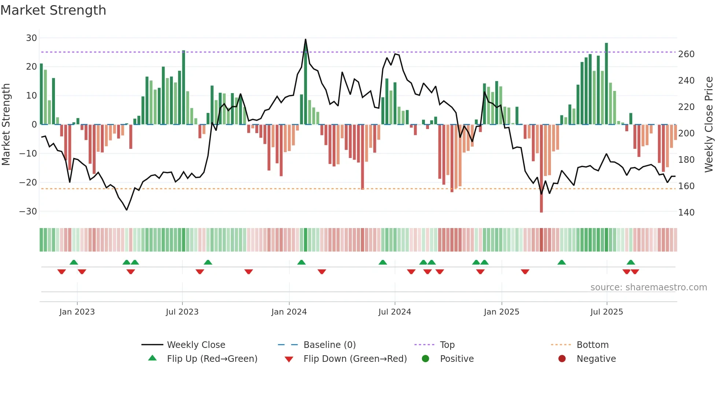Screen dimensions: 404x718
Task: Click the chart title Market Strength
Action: (53, 10)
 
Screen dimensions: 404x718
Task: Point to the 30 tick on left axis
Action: (32, 38)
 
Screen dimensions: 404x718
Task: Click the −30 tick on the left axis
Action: (28, 211)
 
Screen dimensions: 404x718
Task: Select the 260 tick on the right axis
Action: (686, 54)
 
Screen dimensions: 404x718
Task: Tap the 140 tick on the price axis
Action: (686, 213)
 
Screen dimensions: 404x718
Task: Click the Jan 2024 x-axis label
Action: (289, 312)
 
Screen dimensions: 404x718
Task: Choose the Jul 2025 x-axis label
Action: (607, 312)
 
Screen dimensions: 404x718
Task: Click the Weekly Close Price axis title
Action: (709, 125)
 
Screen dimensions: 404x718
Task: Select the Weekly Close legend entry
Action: (196, 345)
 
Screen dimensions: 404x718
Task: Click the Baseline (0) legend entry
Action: (329, 345)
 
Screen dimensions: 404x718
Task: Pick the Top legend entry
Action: (447, 345)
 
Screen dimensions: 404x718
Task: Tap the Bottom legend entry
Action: (592, 345)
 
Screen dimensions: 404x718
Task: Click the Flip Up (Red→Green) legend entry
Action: (212, 359)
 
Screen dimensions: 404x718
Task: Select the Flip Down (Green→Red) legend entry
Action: (355, 359)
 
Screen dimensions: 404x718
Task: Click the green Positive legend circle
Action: (425, 359)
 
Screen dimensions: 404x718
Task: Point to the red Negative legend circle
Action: (562, 359)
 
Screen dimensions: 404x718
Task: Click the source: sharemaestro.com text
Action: (648, 287)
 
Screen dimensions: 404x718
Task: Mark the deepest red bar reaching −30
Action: (541, 169)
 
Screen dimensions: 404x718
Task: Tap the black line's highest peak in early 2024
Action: (306, 40)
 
